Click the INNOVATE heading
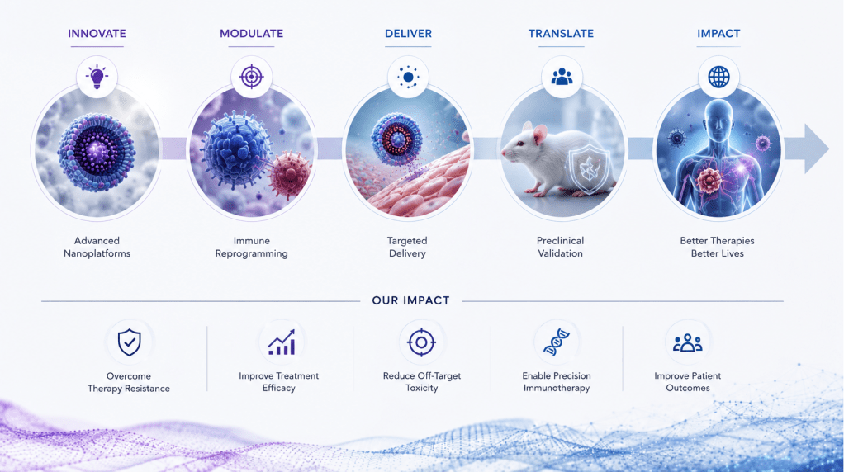pos(97,33)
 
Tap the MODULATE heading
pos(251,33)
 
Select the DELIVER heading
pos(408,33)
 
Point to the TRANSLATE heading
pos(561,33)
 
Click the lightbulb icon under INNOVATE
pos(97,77)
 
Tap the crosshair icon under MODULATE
pos(251,77)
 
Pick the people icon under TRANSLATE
pos(562,77)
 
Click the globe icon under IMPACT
pos(718,77)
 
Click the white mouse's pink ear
pos(539,134)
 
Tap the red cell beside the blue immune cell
pos(290,175)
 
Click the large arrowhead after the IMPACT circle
pos(814,149)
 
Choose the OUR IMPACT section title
pos(410,300)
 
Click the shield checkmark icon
pos(129,342)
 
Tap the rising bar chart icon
pos(282,342)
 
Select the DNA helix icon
pos(557,342)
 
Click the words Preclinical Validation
pos(561,247)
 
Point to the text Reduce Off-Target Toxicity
pos(422,382)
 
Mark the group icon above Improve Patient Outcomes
pos(688,342)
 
